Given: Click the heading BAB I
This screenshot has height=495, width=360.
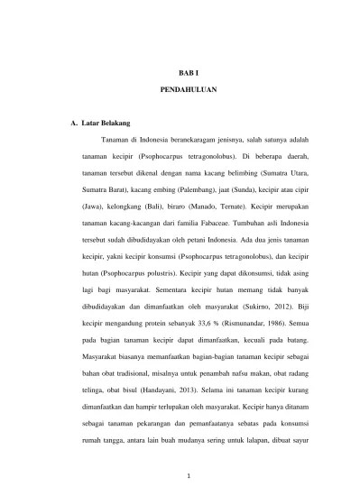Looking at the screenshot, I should click(180, 69).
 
